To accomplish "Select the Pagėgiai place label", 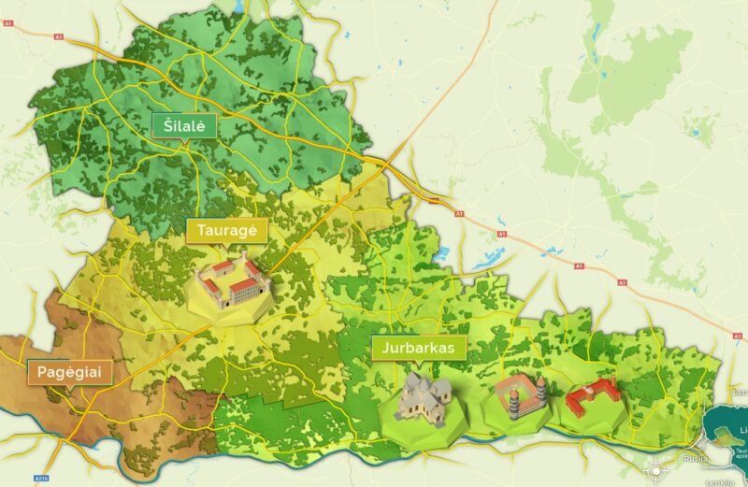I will click(69, 373).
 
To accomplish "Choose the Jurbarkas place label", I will click(419, 348).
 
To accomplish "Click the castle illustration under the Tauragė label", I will click(232, 282).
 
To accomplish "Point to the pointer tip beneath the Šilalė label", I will click(185, 141).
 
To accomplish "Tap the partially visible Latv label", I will click(740, 392).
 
